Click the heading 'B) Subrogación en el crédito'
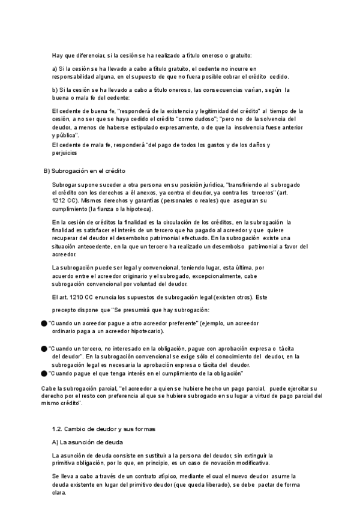[84, 171]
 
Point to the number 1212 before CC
[59, 200]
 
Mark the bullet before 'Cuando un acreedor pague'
[44, 323]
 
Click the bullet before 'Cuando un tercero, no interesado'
[44, 348]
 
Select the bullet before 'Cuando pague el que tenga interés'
[44, 373]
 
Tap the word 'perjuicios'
[65, 153]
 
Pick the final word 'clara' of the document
[59, 493]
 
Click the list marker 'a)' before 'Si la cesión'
[55, 69]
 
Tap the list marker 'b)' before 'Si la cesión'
[55, 89]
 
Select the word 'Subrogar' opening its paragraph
[65, 184]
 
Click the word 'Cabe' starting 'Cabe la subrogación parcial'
[47, 388]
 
